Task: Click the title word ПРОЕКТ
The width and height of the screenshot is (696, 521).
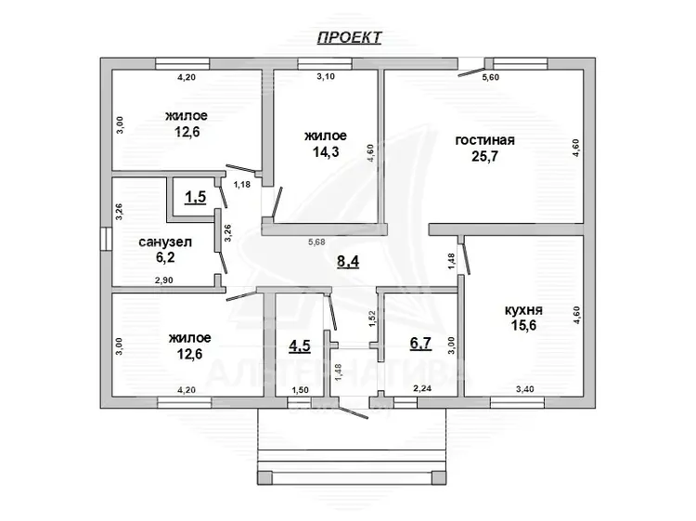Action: click(x=349, y=37)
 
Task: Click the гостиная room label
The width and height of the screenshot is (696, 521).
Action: click(x=484, y=140)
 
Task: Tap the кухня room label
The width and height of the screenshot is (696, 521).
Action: click(x=523, y=310)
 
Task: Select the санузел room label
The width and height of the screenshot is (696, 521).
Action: click(x=165, y=242)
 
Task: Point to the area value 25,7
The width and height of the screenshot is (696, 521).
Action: click(x=484, y=156)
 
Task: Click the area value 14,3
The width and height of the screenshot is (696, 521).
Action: click(x=326, y=152)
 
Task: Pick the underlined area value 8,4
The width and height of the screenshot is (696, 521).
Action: click(x=348, y=262)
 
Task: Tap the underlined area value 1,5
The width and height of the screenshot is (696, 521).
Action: click(x=195, y=197)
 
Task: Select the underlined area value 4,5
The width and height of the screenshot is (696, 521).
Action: click(x=300, y=345)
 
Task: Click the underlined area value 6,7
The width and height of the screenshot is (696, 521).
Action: click(x=420, y=344)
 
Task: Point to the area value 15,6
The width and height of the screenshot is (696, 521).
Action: click(x=523, y=326)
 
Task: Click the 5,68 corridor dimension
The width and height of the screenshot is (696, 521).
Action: click(x=317, y=242)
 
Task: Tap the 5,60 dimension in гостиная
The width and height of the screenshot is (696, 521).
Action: click(x=491, y=77)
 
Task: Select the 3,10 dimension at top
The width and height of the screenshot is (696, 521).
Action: click(x=326, y=77)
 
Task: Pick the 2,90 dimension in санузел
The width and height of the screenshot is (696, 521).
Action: click(x=163, y=280)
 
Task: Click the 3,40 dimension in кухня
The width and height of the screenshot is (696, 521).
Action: click(x=524, y=389)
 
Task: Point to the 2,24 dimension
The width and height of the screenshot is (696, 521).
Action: click(x=422, y=388)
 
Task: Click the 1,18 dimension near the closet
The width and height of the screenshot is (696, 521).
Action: click(x=242, y=184)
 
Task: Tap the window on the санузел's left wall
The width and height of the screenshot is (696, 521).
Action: click(x=106, y=240)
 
